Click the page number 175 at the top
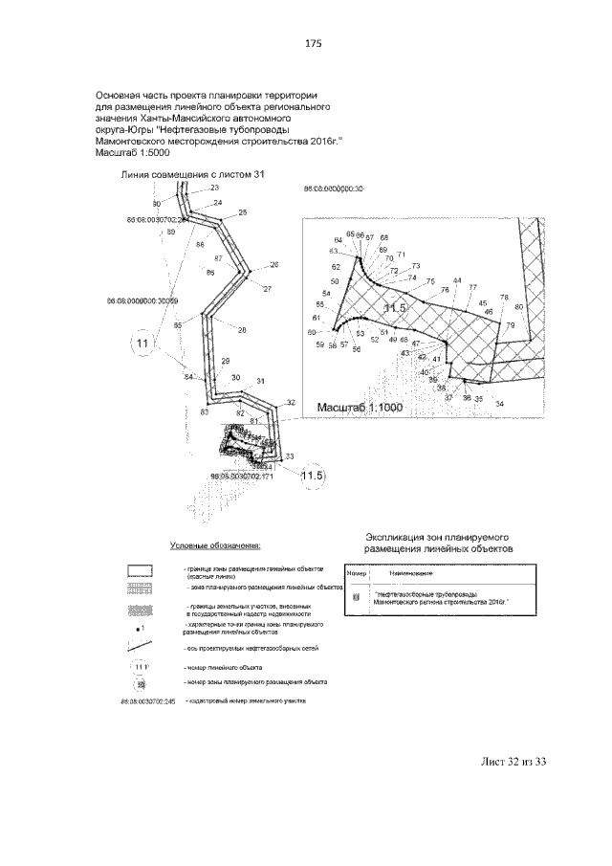[312, 44]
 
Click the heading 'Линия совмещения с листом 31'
[192, 174]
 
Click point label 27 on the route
[267, 288]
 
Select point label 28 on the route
[242, 330]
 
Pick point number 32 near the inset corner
[291, 403]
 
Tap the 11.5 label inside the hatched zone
[394, 307]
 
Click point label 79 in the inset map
[511, 326]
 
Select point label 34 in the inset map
[499, 404]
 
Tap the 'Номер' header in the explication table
[357, 572]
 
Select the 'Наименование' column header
[408, 572]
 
